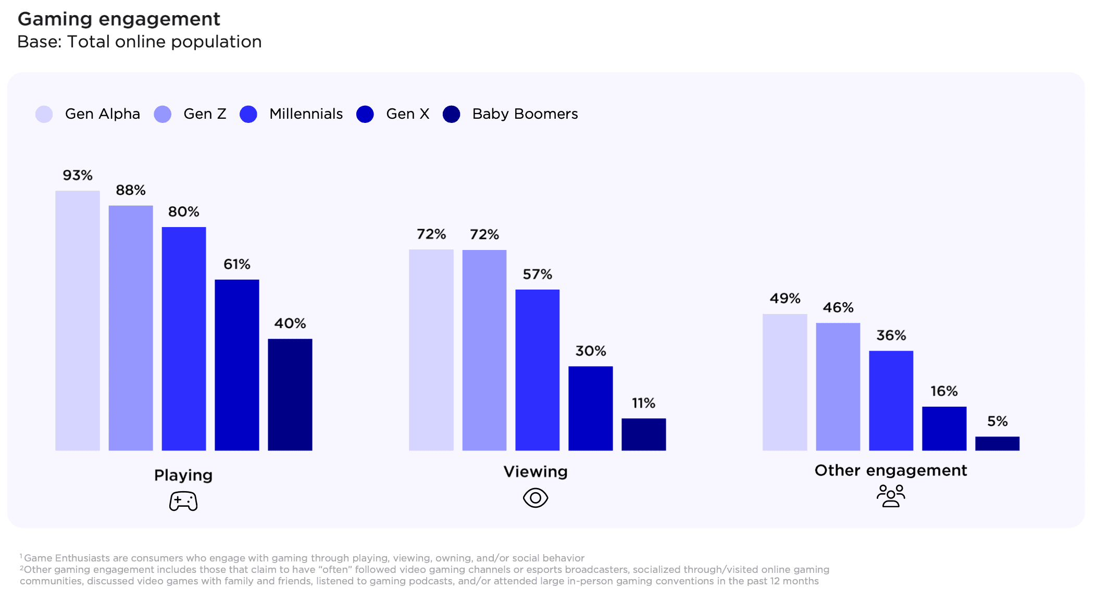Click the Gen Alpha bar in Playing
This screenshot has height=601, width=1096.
pyautogui.click(x=77, y=320)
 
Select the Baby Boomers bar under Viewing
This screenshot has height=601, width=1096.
pyautogui.click(x=643, y=434)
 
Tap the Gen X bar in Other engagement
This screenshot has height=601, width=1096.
pyautogui.click(x=944, y=428)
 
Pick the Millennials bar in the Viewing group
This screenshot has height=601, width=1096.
pyautogui.click(x=537, y=370)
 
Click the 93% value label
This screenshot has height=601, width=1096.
pyautogui.click(x=78, y=176)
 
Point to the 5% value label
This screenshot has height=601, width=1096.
pyautogui.click(x=997, y=421)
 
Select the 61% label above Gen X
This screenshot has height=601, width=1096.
pyautogui.click(x=236, y=265)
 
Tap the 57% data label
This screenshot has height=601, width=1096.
pyautogui.click(x=537, y=274)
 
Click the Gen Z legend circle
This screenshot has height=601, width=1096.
pyautogui.click(x=163, y=114)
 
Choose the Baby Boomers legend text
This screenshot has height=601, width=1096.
pyautogui.click(x=525, y=114)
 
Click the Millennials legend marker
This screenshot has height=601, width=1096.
pyautogui.click(x=248, y=114)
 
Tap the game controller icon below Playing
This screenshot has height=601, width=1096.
pyautogui.click(x=183, y=501)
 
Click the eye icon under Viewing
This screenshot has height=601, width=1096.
pyautogui.click(x=535, y=498)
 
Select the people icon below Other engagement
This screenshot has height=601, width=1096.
pyautogui.click(x=891, y=496)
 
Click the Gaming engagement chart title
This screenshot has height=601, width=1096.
pyautogui.click(x=119, y=19)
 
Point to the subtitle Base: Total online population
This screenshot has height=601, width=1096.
pyautogui.click(x=139, y=42)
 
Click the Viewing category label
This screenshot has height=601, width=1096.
pyautogui.click(x=535, y=472)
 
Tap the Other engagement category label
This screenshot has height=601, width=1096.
pyautogui.click(x=891, y=470)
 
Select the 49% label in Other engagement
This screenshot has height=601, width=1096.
pyautogui.click(x=784, y=299)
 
